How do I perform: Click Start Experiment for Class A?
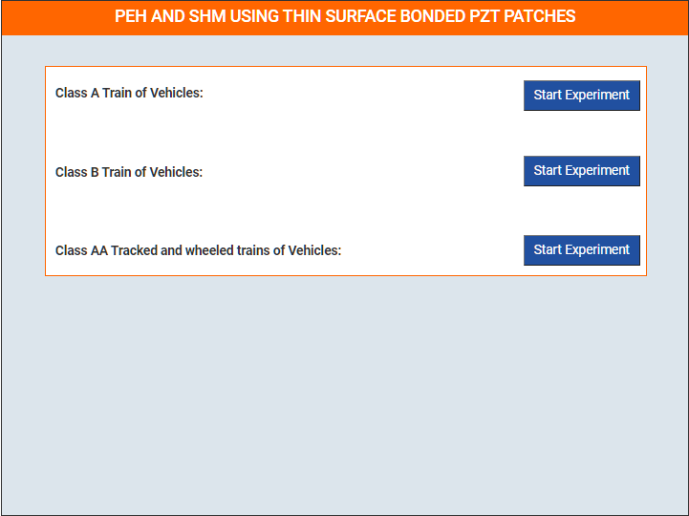(581, 96)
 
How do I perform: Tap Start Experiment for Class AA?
(581, 250)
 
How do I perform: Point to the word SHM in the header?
(206, 16)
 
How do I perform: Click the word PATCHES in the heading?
(539, 16)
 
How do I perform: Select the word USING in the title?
(254, 16)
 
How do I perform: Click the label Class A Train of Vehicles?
(129, 93)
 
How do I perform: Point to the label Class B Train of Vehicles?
(129, 172)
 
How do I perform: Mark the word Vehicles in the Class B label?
(176, 172)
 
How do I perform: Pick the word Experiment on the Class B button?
(597, 170)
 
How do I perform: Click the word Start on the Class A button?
(548, 95)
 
